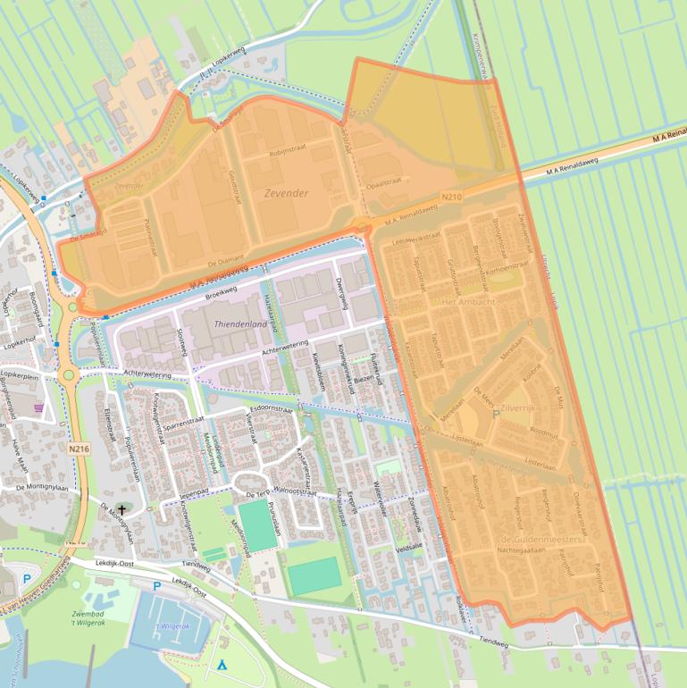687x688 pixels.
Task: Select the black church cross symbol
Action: [x=121, y=508]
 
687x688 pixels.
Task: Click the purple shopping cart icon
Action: [x=38, y=407]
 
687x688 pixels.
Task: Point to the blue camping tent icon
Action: [x=222, y=665]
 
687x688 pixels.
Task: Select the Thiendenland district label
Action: [x=240, y=323]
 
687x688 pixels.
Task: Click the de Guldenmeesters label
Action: [x=541, y=540]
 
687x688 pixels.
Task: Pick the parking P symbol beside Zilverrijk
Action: [x=497, y=414]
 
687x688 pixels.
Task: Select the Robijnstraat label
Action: [x=289, y=154]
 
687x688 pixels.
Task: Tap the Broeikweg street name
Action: [x=219, y=292]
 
